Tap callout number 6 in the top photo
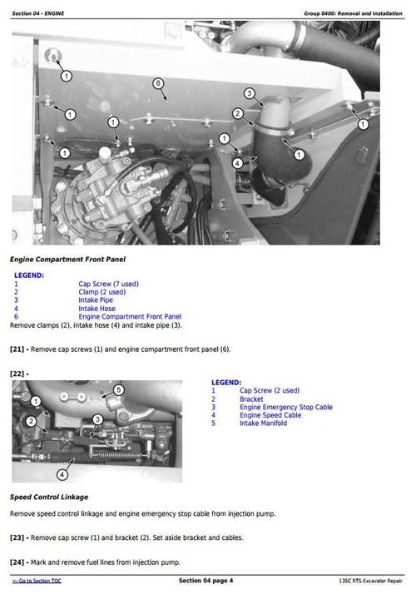pyautogui.click(x=158, y=83)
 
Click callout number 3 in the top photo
pyautogui.click(x=249, y=93)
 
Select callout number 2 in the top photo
pyautogui.click(x=237, y=113)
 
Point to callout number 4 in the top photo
pyautogui.click(x=237, y=162)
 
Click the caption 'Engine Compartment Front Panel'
pyautogui.click(x=64, y=260)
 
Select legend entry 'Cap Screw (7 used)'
pyautogui.click(x=108, y=284)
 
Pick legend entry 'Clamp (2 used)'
pyautogui.click(x=102, y=292)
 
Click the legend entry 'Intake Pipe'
pyautogui.click(x=97, y=300)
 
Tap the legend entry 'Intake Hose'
pyautogui.click(x=97, y=309)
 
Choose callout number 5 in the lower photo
pyautogui.click(x=118, y=389)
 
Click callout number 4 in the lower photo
pyautogui.click(x=62, y=475)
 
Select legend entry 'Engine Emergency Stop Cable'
pyautogui.click(x=285, y=407)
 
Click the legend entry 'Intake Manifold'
pyautogui.click(x=263, y=423)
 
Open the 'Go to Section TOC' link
pyautogui.click(x=42, y=580)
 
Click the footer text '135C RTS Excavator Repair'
pyautogui.click(x=370, y=580)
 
